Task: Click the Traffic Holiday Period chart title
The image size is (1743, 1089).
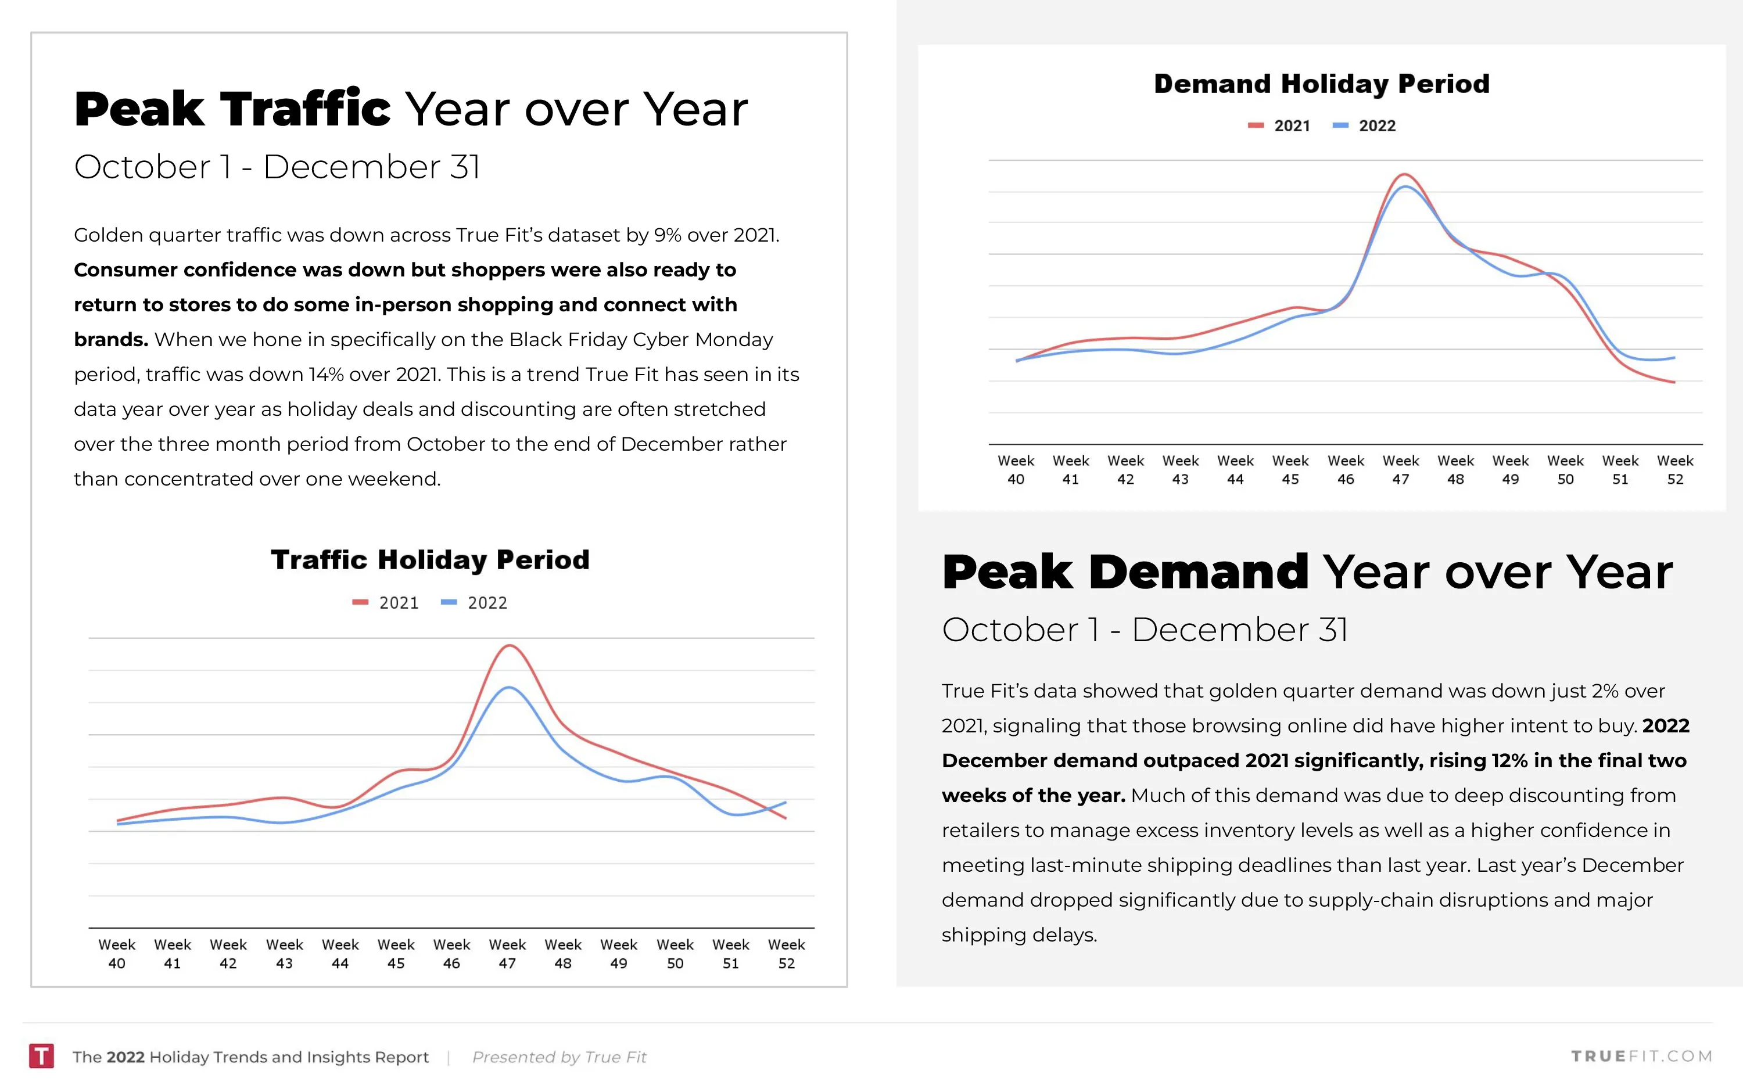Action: [430, 560]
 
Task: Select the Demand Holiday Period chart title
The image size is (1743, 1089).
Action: [1321, 84]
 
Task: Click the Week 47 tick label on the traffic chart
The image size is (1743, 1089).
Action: [507, 954]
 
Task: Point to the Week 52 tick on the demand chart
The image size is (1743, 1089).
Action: [1674, 470]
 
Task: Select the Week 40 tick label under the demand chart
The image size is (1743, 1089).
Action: [1016, 470]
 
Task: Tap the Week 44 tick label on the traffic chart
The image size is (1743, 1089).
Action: [340, 954]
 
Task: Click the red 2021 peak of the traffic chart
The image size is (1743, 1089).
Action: [509, 646]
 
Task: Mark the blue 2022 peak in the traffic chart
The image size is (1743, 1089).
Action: [509, 688]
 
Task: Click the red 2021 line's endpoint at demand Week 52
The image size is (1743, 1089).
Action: [1674, 382]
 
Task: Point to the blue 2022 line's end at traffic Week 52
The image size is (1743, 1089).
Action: [785, 802]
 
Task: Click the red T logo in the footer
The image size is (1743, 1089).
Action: [41, 1056]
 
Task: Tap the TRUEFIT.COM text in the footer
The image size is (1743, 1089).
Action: [1641, 1056]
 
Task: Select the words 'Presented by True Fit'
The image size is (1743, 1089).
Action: [559, 1056]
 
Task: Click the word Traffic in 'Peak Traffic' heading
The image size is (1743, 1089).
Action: [306, 109]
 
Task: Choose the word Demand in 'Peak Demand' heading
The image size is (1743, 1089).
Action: [1199, 573]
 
